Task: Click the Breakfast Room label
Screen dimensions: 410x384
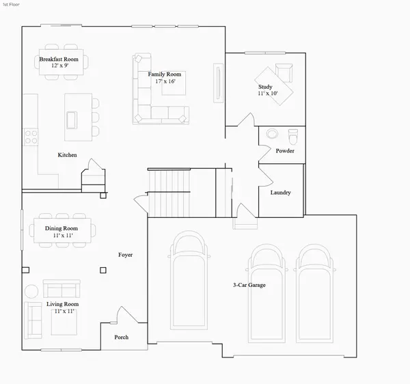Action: pyautogui.click(x=59, y=59)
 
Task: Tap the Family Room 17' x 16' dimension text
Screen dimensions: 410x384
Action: pyautogui.click(x=165, y=81)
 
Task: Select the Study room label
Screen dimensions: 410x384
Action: pyautogui.click(x=265, y=87)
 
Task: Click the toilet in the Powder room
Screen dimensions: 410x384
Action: pyautogui.click(x=293, y=136)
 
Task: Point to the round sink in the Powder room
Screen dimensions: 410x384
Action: pyautogui.click(x=272, y=133)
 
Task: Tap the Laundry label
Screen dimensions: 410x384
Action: pyautogui.click(x=281, y=193)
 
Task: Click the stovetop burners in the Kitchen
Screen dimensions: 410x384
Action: pyautogui.click(x=31, y=137)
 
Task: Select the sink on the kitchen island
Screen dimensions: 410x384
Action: pyautogui.click(x=72, y=120)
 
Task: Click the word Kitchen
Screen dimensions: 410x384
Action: pyautogui.click(x=67, y=155)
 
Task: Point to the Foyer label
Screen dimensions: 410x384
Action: pyautogui.click(x=125, y=255)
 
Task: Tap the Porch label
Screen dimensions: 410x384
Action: pyautogui.click(x=122, y=338)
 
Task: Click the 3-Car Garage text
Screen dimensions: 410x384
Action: pyautogui.click(x=249, y=285)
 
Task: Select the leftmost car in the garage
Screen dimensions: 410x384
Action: pyautogui.click(x=189, y=280)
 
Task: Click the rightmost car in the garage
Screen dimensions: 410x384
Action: pyautogui.click(x=314, y=293)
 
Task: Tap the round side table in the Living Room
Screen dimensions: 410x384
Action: pyautogui.click(x=31, y=291)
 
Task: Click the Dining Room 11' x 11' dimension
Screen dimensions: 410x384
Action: pyautogui.click(x=63, y=236)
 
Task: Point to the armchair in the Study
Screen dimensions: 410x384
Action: pyautogui.click(x=284, y=73)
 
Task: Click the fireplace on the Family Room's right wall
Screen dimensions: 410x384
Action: pyautogui.click(x=219, y=83)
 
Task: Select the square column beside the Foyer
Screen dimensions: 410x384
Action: pyautogui.click(x=103, y=271)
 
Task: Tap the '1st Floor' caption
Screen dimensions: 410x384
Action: pyautogui.click(x=11, y=5)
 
